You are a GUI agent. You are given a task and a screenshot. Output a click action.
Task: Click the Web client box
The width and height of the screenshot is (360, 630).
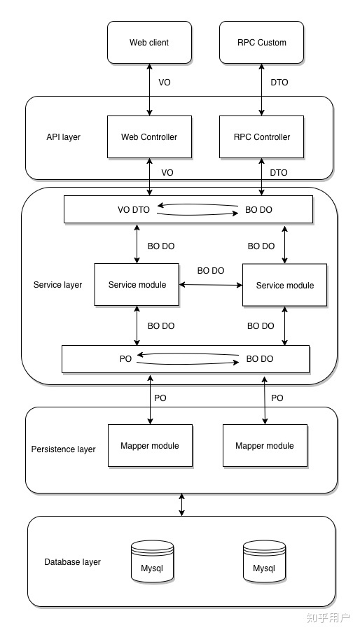click(x=149, y=42)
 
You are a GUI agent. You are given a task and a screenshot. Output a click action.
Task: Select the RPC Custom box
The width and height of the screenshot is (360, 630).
click(x=262, y=42)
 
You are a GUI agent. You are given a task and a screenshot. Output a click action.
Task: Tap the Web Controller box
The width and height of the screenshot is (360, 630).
click(x=149, y=136)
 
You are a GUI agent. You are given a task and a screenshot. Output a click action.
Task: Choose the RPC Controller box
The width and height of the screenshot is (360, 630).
click(x=262, y=136)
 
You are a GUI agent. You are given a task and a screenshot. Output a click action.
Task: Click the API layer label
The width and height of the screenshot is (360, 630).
click(x=63, y=137)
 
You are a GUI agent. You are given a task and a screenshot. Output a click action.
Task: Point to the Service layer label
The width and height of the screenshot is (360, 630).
click(x=57, y=285)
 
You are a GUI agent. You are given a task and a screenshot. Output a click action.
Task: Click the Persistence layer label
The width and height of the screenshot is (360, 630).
click(x=64, y=449)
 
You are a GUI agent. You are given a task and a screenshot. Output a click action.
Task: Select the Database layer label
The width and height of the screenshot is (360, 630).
click(x=72, y=562)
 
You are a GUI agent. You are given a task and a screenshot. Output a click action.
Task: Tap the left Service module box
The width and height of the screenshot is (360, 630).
click(x=137, y=285)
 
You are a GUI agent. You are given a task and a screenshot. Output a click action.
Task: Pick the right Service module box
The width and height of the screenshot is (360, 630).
click(x=284, y=285)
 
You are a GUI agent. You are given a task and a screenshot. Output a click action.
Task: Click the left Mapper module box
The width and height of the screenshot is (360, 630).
click(x=149, y=446)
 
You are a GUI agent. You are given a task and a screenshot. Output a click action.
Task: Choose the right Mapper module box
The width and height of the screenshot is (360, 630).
click(x=264, y=446)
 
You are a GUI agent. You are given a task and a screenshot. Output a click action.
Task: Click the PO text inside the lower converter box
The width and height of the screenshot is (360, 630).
click(x=125, y=358)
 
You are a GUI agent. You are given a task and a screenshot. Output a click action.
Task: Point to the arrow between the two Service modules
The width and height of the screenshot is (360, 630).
click(x=210, y=285)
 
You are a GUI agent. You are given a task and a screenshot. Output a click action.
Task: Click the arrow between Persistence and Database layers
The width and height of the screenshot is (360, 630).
click(x=182, y=505)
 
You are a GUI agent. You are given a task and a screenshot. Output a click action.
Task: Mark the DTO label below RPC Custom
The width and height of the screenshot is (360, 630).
click(x=279, y=83)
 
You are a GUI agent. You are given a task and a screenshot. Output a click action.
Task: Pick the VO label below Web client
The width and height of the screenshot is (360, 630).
click(x=165, y=83)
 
